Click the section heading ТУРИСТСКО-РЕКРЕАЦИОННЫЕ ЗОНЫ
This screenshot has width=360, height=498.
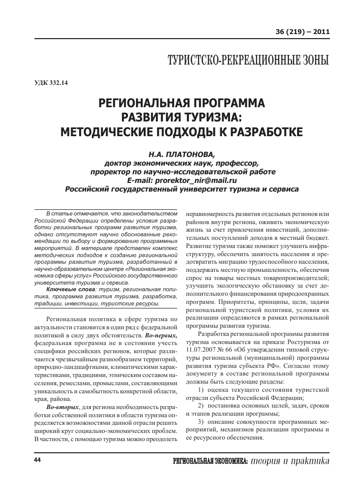pos(248,61)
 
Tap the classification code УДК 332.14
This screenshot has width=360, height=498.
pos(51,83)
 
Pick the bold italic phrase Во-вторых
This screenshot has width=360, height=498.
pos(62,407)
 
